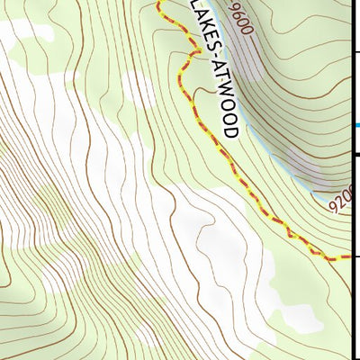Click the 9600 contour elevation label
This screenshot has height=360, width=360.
point(242,19)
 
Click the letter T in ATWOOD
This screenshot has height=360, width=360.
point(216,76)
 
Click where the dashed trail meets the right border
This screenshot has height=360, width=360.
point(349,258)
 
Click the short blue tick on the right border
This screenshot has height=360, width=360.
point(355,125)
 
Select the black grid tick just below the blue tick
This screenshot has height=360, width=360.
point(355,155)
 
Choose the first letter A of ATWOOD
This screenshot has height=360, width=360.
point(213,66)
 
